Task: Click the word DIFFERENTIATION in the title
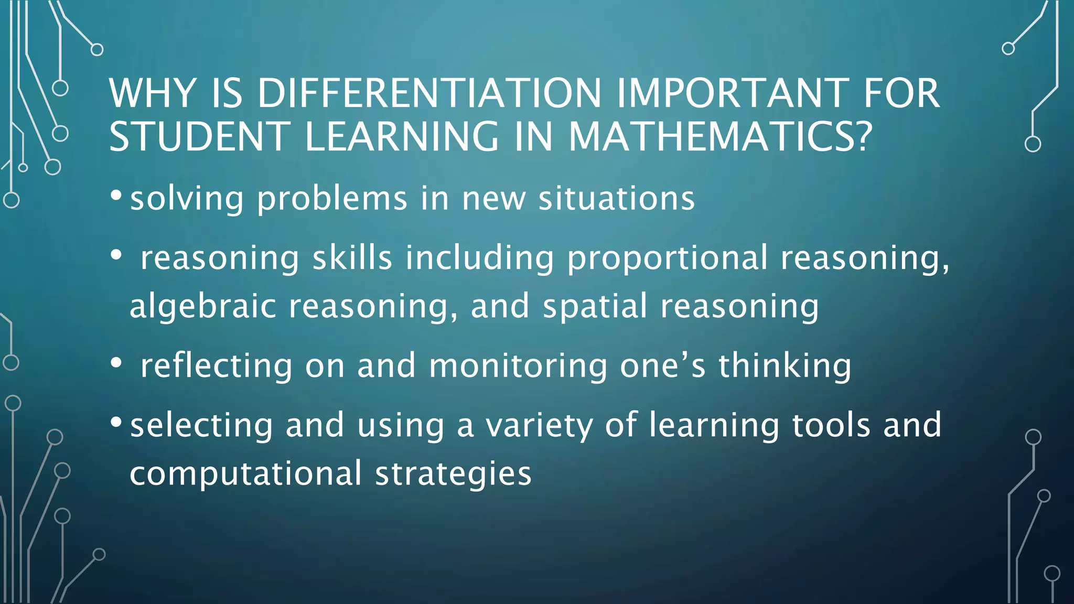pos(429,93)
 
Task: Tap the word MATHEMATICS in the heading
pos(719,136)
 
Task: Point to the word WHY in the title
pos(153,93)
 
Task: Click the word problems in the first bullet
pos(332,199)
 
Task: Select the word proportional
pos(667,259)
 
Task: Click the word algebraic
pos(202,306)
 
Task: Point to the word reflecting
pos(216,366)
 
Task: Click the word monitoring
pos(518,366)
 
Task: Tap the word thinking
pos(785,366)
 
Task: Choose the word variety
pos(539,426)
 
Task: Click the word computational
pos(245,474)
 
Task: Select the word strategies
pos(453,474)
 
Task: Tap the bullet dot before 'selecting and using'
pos(116,422)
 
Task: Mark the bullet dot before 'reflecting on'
pos(116,362)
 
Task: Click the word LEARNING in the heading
pos(402,136)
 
